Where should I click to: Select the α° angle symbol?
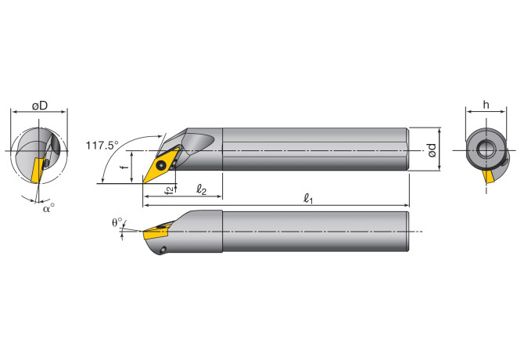click(x=48, y=207)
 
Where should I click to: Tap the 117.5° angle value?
click(x=102, y=145)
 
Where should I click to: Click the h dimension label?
click(x=486, y=105)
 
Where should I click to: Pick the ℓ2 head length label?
click(x=201, y=189)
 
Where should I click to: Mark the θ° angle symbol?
click(x=117, y=222)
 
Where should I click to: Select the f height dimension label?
click(x=125, y=167)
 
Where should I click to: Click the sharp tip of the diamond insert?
click(x=144, y=184)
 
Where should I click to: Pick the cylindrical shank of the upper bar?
click(x=313, y=149)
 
